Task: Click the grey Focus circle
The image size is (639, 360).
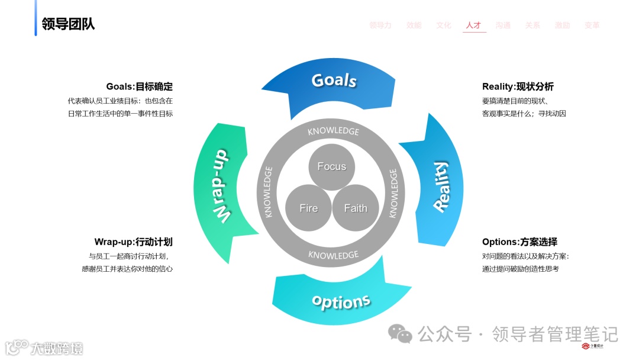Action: [x=331, y=166]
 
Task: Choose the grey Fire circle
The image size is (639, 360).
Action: [x=308, y=208]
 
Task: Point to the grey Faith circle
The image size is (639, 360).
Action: [x=355, y=208]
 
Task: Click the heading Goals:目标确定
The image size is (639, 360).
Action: [x=139, y=86]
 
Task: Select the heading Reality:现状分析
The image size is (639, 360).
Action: [x=518, y=86]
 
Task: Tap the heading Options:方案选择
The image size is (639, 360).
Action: [x=519, y=242]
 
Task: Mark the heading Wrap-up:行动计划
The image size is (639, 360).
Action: [x=133, y=242]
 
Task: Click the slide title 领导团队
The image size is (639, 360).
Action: [x=68, y=24]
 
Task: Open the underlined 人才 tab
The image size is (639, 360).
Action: [x=473, y=25]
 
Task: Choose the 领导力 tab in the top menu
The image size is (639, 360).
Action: [x=380, y=25]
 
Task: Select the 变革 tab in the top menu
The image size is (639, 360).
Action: [x=592, y=25]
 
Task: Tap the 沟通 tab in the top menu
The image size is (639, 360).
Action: [x=503, y=25]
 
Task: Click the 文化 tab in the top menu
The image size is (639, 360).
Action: [x=444, y=25]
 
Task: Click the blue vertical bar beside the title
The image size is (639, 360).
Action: [x=35, y=18]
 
